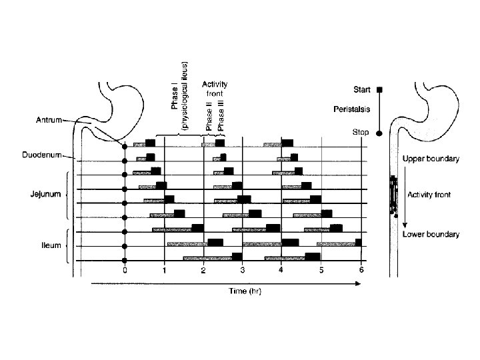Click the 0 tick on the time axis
(125, 270)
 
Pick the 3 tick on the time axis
(243, 270)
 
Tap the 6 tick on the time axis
(361, 270)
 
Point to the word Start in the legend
(363, 89)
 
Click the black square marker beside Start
(379, 89)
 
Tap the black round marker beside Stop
(379, 133)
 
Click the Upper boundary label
(431, 159)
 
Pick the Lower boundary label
(431, 235)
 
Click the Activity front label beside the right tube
(429, 195)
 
